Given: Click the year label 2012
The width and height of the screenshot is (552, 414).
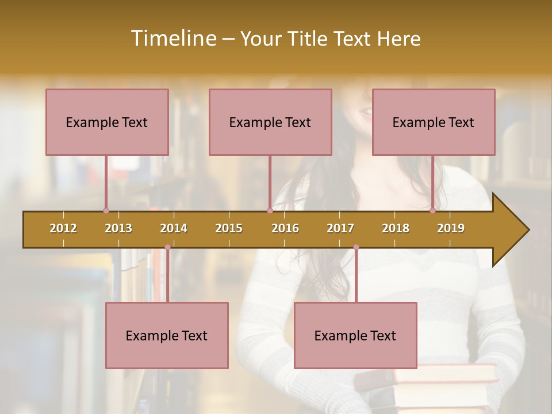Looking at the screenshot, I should (63, 228).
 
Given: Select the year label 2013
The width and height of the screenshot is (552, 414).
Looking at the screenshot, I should (118, 228).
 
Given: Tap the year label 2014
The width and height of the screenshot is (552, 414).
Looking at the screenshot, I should (174, 228).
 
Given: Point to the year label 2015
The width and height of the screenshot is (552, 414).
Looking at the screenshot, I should (229, 228).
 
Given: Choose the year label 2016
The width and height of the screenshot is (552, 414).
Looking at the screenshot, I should (285, 228).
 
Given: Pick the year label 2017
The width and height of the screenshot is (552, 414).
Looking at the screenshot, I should (340, 228).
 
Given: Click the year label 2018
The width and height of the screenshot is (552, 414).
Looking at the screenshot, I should (396, 228).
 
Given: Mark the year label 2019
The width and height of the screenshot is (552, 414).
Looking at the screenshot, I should (451, 228).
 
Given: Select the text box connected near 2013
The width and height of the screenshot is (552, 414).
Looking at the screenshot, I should (107, 122).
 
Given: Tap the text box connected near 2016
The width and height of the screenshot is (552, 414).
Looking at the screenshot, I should (270, 122).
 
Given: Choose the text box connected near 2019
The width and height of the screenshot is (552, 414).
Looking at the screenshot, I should (434, 122).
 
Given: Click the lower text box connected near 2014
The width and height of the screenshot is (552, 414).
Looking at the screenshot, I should (167, 335).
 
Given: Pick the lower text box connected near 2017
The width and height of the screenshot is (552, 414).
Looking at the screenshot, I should (355, 335).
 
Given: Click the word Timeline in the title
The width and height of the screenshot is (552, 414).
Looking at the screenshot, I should (172, 39).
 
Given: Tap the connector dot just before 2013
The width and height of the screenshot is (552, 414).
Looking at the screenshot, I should (106, 210).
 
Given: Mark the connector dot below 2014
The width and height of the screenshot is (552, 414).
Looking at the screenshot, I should (167, 247).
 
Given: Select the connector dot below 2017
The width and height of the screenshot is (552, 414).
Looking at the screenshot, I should (356, 247).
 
